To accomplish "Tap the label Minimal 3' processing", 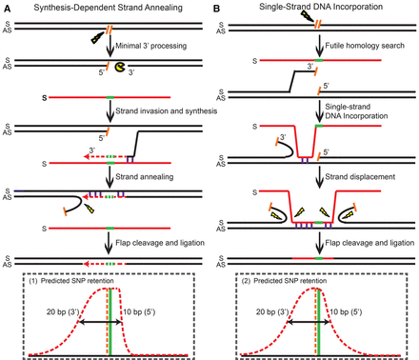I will pyautogui.click(x=156, y=45).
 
